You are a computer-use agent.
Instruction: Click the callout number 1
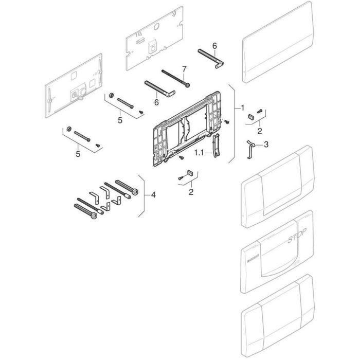[x=242, y=108]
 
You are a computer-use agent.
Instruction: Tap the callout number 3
[x=266, y=145]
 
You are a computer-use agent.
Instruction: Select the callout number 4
[x=152, y=195]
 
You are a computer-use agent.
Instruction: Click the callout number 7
[x=184, y=68]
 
